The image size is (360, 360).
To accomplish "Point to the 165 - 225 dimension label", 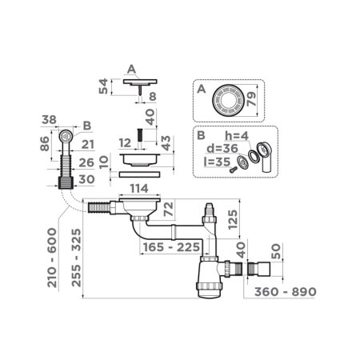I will click(165, 246).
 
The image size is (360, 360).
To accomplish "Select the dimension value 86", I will click(44, 145).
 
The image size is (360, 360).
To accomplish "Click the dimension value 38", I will click(50, 121).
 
